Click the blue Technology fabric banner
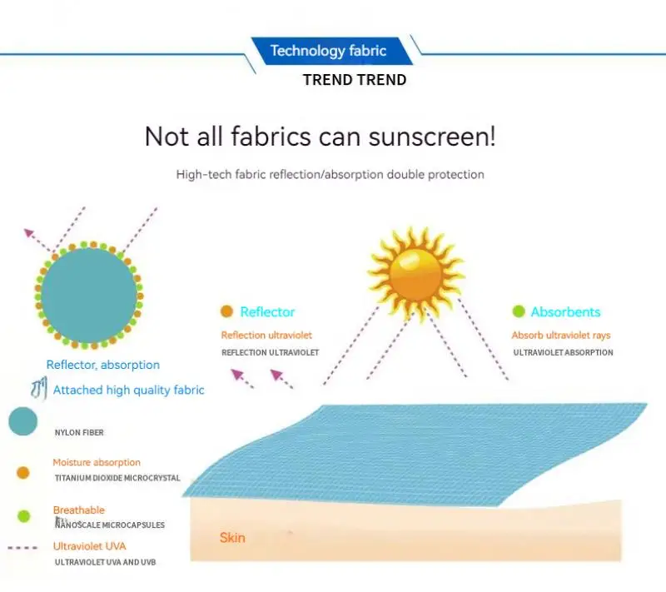[x=331, y=51]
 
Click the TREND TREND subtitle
[x=355, y=80]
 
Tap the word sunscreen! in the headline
[x=432, y=137]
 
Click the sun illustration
[x=415, y=273]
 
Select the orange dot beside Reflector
[x=226, y=311]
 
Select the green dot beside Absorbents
[x=518, y=311]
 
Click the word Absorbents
[x=565, y=312]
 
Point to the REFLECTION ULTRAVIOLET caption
[x=270, y=352]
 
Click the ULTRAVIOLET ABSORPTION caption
[x=563, y=352]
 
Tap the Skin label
[x=232, y=538]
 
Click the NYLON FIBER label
[x=79, y=432]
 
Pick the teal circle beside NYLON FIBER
[x=23, y=421]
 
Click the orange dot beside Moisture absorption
[x=23, y=473]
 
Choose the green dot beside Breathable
[x=24, y=516]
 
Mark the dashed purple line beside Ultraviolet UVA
[x=22, y=548]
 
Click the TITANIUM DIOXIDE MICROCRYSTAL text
[x=117, y=478]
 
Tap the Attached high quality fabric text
[x=129, y=390]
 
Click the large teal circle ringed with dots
[x=89, y=296]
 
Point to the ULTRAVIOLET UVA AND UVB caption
[x=106, y=562]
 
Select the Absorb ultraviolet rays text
[x=560, y=335]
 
